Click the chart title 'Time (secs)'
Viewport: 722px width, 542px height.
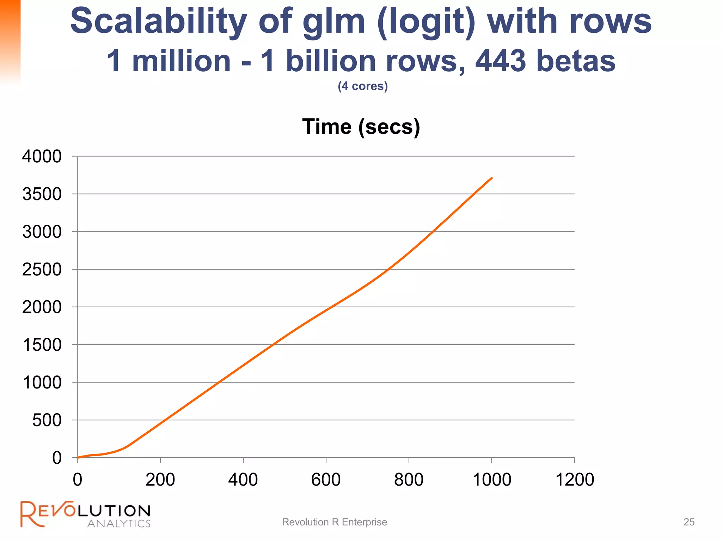361,127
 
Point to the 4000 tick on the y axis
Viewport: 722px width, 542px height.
42,156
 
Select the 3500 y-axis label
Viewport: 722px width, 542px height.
42,194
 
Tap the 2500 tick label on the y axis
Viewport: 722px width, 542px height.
42,270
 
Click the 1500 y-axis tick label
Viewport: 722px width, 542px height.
42,345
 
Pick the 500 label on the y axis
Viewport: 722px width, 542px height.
47,420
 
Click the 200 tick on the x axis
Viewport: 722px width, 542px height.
160,480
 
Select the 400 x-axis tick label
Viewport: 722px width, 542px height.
243,480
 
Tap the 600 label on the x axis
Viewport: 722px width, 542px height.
326,480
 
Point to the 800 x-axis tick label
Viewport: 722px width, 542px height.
409,480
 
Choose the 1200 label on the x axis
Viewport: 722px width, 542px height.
575,480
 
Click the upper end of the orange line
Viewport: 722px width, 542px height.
491,178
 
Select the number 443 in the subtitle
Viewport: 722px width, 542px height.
501,61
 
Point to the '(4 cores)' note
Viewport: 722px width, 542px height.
362,86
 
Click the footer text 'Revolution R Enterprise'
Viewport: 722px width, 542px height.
334,522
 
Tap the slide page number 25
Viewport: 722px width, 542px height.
689,522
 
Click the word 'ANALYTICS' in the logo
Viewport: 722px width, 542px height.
119,523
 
